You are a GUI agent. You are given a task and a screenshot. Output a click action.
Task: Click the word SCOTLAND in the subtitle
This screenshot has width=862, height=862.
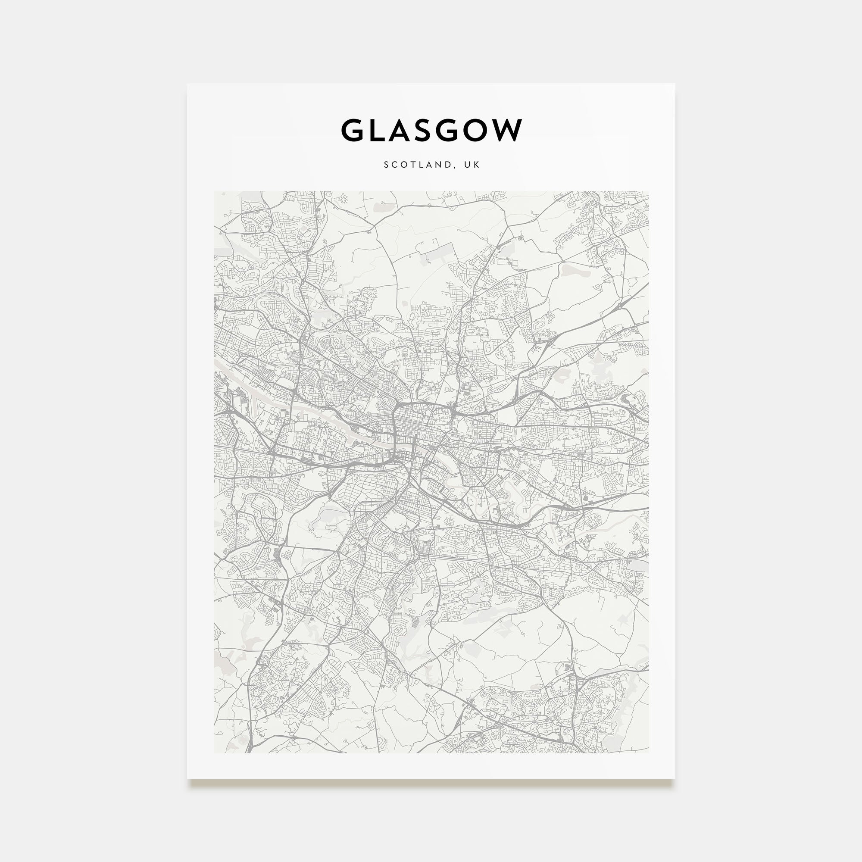(x=418, y=165)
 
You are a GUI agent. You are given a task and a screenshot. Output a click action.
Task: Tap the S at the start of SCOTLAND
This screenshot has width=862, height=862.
(x=386, y=165)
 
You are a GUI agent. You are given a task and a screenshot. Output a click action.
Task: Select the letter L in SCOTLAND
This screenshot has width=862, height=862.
(x=422, y=165)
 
